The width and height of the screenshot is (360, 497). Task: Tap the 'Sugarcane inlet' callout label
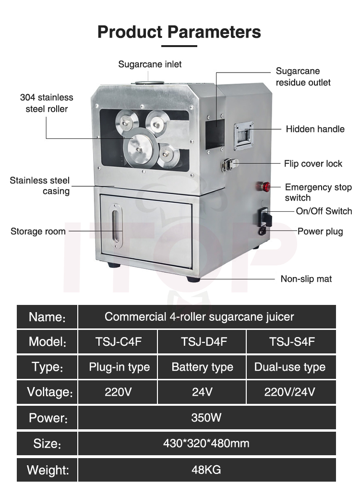[150, 64]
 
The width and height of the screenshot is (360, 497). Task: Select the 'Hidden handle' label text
[315, 129]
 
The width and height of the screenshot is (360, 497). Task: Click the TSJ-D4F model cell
[202, 342]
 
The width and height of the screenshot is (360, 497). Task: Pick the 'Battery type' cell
[202, 367]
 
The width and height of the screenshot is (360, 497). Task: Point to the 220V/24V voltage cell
[290, 392]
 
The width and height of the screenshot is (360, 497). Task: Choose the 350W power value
[206, 417]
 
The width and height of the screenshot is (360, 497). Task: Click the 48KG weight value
[206, 469]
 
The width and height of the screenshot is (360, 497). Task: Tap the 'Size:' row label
[47, 443]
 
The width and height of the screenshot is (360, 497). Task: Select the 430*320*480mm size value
[206, 443]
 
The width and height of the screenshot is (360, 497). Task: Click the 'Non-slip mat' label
[306, 279]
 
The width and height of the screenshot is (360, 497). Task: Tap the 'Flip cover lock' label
[313, 164]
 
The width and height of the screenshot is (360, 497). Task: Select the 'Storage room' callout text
[38, 231]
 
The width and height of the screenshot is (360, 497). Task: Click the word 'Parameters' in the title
[214, 32]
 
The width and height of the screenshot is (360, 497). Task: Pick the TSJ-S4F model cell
[290, 342]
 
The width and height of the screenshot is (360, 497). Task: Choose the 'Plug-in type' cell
[119, 367]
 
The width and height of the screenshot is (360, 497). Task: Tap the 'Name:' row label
[47, 317]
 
